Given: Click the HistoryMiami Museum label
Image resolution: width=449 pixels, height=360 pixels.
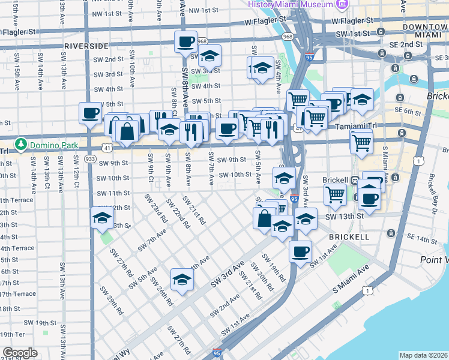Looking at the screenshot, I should (x=291, y=4).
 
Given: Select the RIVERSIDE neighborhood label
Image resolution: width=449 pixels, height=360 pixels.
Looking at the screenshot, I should (x=86, y=46).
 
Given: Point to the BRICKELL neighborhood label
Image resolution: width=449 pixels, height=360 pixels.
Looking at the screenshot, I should (x=349, y=237).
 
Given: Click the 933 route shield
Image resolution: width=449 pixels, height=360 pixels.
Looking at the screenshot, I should (x=90, y=158).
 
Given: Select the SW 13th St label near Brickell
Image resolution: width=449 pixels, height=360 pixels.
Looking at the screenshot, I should (x=345, y=216).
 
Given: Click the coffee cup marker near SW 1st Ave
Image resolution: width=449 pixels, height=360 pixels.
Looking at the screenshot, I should (x=300, y=251).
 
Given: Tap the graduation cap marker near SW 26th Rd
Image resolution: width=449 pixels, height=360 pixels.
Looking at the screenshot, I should (x=182, y=279).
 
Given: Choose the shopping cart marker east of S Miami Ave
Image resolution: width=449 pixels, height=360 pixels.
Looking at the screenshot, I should (x=361, y=142).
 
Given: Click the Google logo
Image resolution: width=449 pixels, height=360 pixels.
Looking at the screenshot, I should (x=20, y=353).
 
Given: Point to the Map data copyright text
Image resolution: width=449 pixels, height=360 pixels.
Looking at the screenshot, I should (x=424, y=355).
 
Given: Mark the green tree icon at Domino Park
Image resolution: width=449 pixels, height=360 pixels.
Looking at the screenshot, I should (x=22, y=145).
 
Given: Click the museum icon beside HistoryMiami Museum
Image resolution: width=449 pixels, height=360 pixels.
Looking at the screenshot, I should (x=342, y=5).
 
